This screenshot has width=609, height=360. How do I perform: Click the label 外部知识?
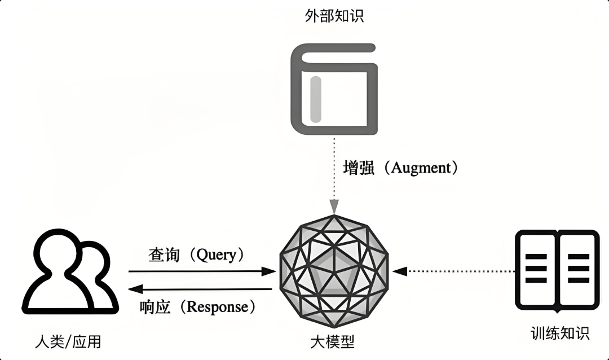(334, 15)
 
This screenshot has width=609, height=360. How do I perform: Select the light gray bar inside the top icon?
(315, 100)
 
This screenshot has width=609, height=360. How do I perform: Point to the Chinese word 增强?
(359, 168)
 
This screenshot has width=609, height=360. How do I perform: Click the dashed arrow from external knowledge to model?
(334, 175)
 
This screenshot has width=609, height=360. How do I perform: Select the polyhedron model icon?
(334, 270)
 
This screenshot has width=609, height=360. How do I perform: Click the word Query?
(216, 254)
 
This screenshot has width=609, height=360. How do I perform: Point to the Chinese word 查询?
(164, 254)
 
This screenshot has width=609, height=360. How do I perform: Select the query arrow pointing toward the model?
(203, 271)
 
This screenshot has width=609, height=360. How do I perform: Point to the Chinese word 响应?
(155, 307)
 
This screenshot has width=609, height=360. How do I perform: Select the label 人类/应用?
(68, 341)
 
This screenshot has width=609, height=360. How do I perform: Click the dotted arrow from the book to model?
(454, 271)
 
